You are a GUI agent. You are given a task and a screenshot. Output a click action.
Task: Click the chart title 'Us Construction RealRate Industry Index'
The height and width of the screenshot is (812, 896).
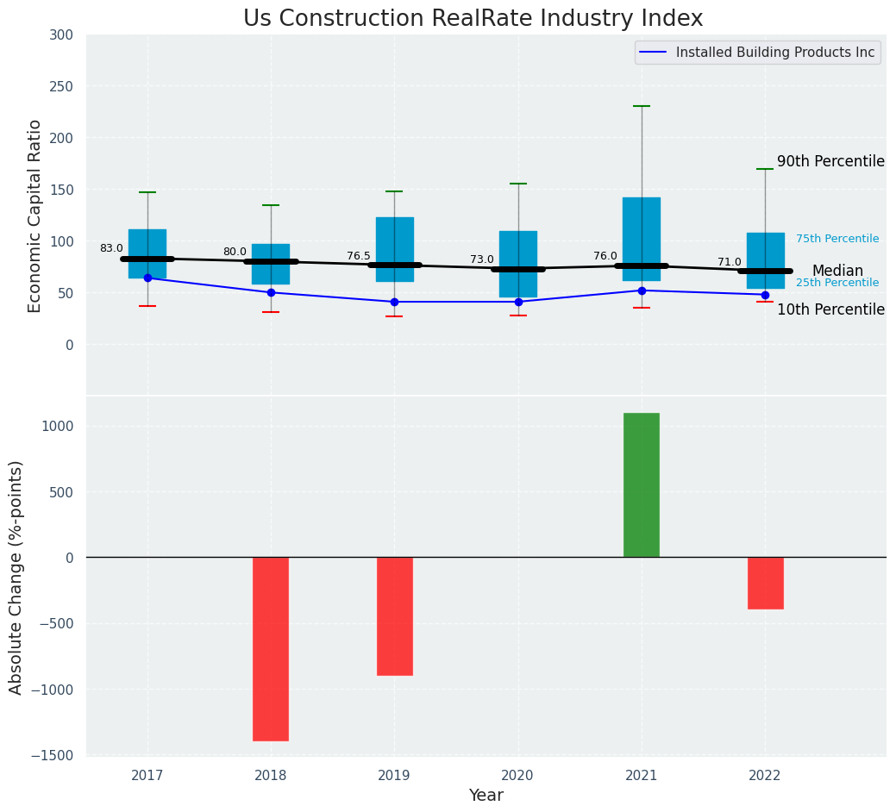coord(473,19)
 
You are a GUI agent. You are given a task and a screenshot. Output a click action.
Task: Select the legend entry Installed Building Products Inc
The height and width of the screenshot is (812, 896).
coord(774,53)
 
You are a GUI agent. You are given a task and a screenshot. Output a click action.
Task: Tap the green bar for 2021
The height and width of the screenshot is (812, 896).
coord(642,485)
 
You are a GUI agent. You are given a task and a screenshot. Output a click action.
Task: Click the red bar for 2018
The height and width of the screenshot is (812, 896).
coord(271,648)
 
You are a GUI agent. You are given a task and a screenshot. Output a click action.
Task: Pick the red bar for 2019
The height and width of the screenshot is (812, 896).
coord(394,615)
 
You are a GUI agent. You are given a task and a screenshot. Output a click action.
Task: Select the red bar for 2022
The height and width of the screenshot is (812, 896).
coord(765,583)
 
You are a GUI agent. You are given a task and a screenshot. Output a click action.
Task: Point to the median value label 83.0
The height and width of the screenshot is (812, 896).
coord(111,248)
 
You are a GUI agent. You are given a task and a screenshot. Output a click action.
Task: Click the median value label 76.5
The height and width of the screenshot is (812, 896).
coord(359,256)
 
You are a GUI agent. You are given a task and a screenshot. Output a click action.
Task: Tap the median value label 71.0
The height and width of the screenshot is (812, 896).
coord(730,262)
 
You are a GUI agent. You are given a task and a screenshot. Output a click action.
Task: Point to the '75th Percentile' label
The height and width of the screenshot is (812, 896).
coord(837,239)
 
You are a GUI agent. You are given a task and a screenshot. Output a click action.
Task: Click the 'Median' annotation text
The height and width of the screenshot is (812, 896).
coord(837,271)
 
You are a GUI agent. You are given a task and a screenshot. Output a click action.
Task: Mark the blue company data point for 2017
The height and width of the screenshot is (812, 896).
coord(147,278)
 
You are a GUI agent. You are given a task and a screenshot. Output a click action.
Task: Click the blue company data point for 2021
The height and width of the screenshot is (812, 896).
coord(642,290)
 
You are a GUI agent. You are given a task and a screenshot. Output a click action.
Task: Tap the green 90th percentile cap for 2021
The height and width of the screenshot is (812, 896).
coord(642,106)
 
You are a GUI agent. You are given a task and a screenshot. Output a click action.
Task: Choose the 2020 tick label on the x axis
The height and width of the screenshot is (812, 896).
coord(518,776)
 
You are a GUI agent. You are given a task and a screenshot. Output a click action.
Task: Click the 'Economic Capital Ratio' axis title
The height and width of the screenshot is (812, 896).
coord(35,215)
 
